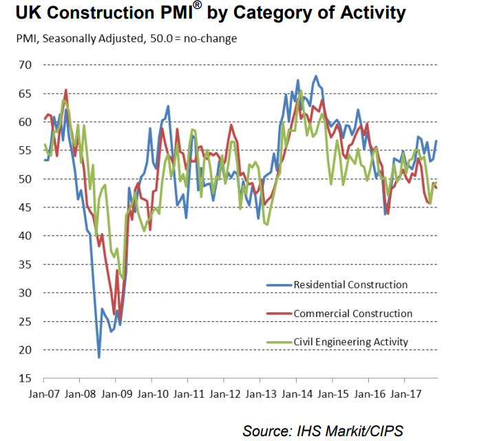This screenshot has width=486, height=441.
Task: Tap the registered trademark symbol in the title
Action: point(197,7)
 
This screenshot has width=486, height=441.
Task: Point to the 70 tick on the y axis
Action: point(25,65)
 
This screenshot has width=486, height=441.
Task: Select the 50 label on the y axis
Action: point(25,179)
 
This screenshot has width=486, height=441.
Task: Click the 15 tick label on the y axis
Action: point(25,379)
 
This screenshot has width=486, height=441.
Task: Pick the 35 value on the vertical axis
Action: point(25,265)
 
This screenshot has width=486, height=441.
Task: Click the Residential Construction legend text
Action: point(350,285)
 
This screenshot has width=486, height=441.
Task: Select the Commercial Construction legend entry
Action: point(353,314)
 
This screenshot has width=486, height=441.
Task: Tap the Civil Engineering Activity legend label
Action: point(351,342)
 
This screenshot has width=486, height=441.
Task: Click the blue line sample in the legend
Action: point(278,285)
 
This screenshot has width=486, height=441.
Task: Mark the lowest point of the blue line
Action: point(99,358)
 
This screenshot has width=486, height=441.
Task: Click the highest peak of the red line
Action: point(66,90)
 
